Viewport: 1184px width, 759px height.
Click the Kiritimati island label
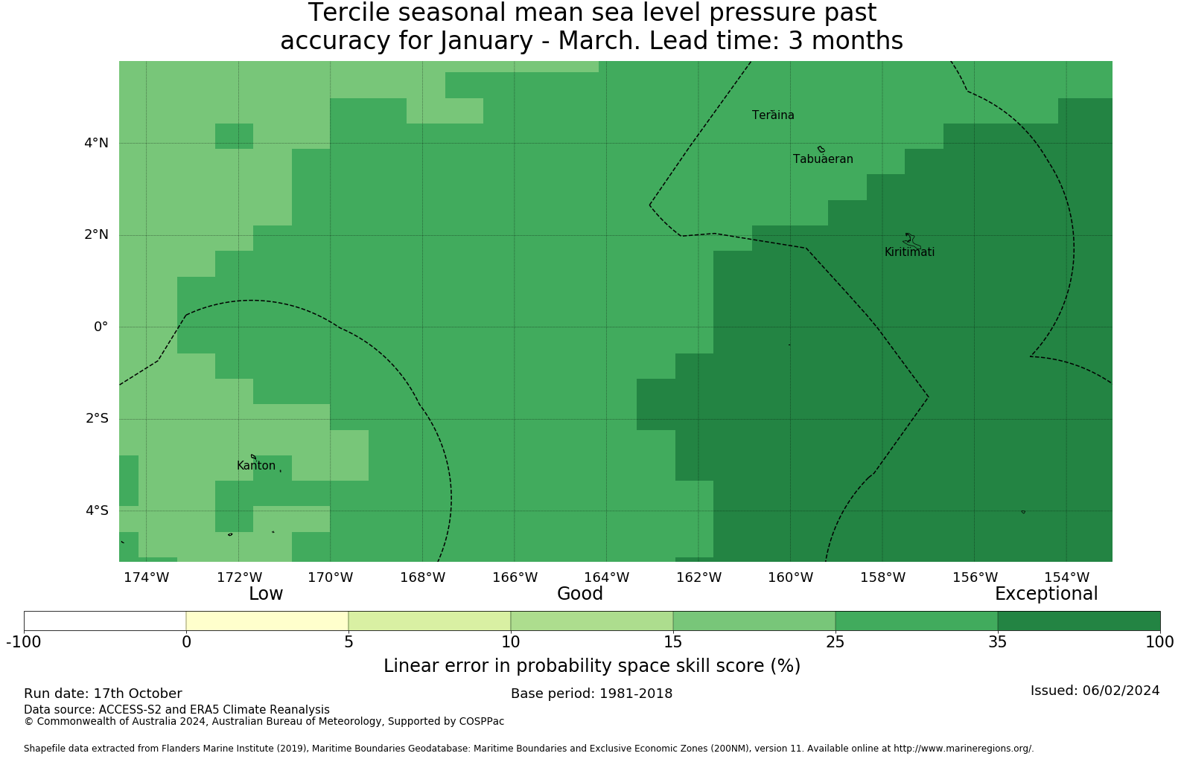pos(909,252)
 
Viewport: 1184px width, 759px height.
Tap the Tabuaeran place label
pos(823,159)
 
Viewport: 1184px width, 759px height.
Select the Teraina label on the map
pos(773,115)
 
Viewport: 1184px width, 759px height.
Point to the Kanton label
pos(256,466)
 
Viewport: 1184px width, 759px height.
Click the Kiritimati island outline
pos(911,241)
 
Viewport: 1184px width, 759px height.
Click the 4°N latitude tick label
pos(96,143)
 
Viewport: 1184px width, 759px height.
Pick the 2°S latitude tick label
pos(96,418)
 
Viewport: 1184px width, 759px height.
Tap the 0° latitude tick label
pos(101,327)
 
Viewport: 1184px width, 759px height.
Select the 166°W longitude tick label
pos(515,577)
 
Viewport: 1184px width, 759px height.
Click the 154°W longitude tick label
pos(1066,577)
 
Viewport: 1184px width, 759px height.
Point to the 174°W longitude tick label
pos(146,577)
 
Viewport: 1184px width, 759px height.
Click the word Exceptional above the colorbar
pos(1046,594)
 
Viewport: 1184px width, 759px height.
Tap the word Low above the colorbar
pos(266,594)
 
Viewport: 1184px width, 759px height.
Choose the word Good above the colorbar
pos(580,594)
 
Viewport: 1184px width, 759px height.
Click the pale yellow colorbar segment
pos(267,621)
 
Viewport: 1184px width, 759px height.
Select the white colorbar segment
pos(105,621)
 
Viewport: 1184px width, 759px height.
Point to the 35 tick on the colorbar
pos(997,642)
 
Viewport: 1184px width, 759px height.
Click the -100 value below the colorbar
pos(24,642)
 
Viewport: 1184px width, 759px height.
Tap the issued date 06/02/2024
pos(1121,691)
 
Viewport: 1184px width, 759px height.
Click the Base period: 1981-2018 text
pos(591,694)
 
